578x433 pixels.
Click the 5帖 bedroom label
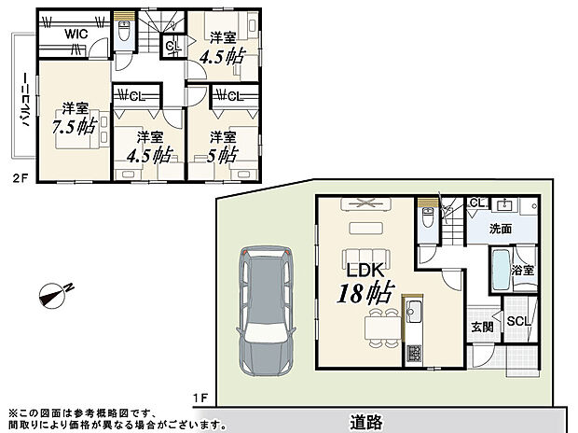tap(222, 146)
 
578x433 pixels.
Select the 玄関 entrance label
tap(482, 327)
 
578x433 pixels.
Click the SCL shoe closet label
tap(518, 322)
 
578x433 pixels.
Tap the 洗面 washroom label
tap(502, 227)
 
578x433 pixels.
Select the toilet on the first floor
tap(427, 220)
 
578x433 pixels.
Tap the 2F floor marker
tap(16, 176)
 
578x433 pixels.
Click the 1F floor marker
tap(200, 398)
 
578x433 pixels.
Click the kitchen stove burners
tap(412, 355)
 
